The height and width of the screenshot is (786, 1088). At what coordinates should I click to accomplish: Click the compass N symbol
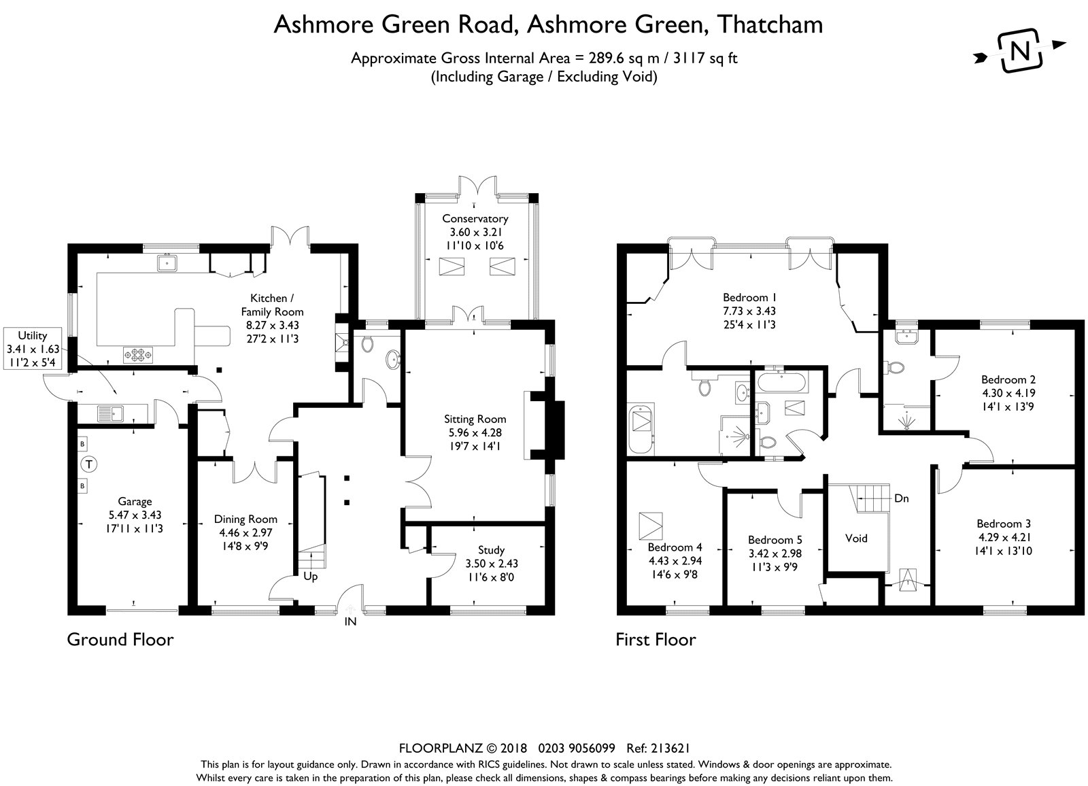(1020, 50)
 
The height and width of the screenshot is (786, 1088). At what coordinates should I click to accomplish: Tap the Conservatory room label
(475, 218)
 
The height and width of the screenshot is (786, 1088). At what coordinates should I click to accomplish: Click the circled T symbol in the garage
(89, 465)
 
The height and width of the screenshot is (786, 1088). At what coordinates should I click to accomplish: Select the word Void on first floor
(856, 539)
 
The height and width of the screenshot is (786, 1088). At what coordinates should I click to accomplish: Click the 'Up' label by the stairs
(310, 577)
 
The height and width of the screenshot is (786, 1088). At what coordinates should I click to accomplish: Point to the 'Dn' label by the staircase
(902, 498)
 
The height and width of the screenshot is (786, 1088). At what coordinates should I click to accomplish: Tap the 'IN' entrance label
(351, 621)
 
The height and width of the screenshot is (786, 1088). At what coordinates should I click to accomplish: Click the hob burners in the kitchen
(138, 354)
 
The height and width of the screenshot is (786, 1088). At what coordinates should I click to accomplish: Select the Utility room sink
(109, 412)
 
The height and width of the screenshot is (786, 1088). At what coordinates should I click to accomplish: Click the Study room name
(491, 550)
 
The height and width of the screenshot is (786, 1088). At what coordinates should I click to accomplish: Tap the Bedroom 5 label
(770, 540)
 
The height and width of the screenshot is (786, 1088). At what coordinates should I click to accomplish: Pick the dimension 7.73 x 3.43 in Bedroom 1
(749, 311)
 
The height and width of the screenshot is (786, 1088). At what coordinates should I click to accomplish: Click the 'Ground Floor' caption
(120, 640)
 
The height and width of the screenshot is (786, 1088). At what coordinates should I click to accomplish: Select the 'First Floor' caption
(656, 640)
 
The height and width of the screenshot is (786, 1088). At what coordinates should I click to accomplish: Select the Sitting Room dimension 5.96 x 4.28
(475, 432)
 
